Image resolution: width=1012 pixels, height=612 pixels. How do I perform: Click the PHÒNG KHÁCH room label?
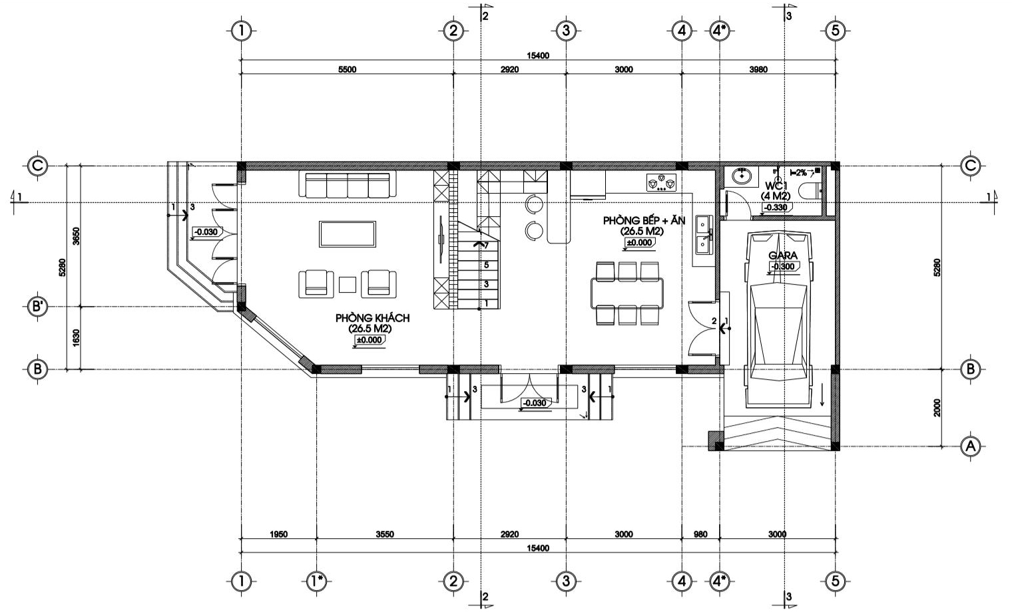coord(372,318)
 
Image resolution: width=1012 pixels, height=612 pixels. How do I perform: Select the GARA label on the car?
coord(783,255)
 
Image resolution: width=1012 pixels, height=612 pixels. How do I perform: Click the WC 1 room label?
coord(776,186)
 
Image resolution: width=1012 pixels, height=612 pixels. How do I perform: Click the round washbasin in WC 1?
coord(742,176)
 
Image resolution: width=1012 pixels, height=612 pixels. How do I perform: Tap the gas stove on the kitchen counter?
coord(662,182)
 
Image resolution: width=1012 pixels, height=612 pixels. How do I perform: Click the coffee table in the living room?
coord(348,233)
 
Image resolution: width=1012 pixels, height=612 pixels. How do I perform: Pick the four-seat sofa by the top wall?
coord(347,184)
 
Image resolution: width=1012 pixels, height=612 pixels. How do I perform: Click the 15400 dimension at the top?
coord(538,55)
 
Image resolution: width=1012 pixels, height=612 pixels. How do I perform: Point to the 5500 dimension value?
coord(347,69)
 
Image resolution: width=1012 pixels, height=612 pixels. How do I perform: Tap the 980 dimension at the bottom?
coord(700,534)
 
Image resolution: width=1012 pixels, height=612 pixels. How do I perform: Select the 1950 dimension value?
coord(278,534)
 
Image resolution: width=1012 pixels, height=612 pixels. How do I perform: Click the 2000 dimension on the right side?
coord(937,408)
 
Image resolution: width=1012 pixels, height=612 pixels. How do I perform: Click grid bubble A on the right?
coord(969,447)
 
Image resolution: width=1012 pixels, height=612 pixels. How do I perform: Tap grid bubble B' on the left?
coord(37,307)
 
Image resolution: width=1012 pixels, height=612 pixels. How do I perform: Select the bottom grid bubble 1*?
coord(316,581)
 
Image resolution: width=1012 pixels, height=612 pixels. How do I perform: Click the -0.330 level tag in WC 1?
coord(775,208)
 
